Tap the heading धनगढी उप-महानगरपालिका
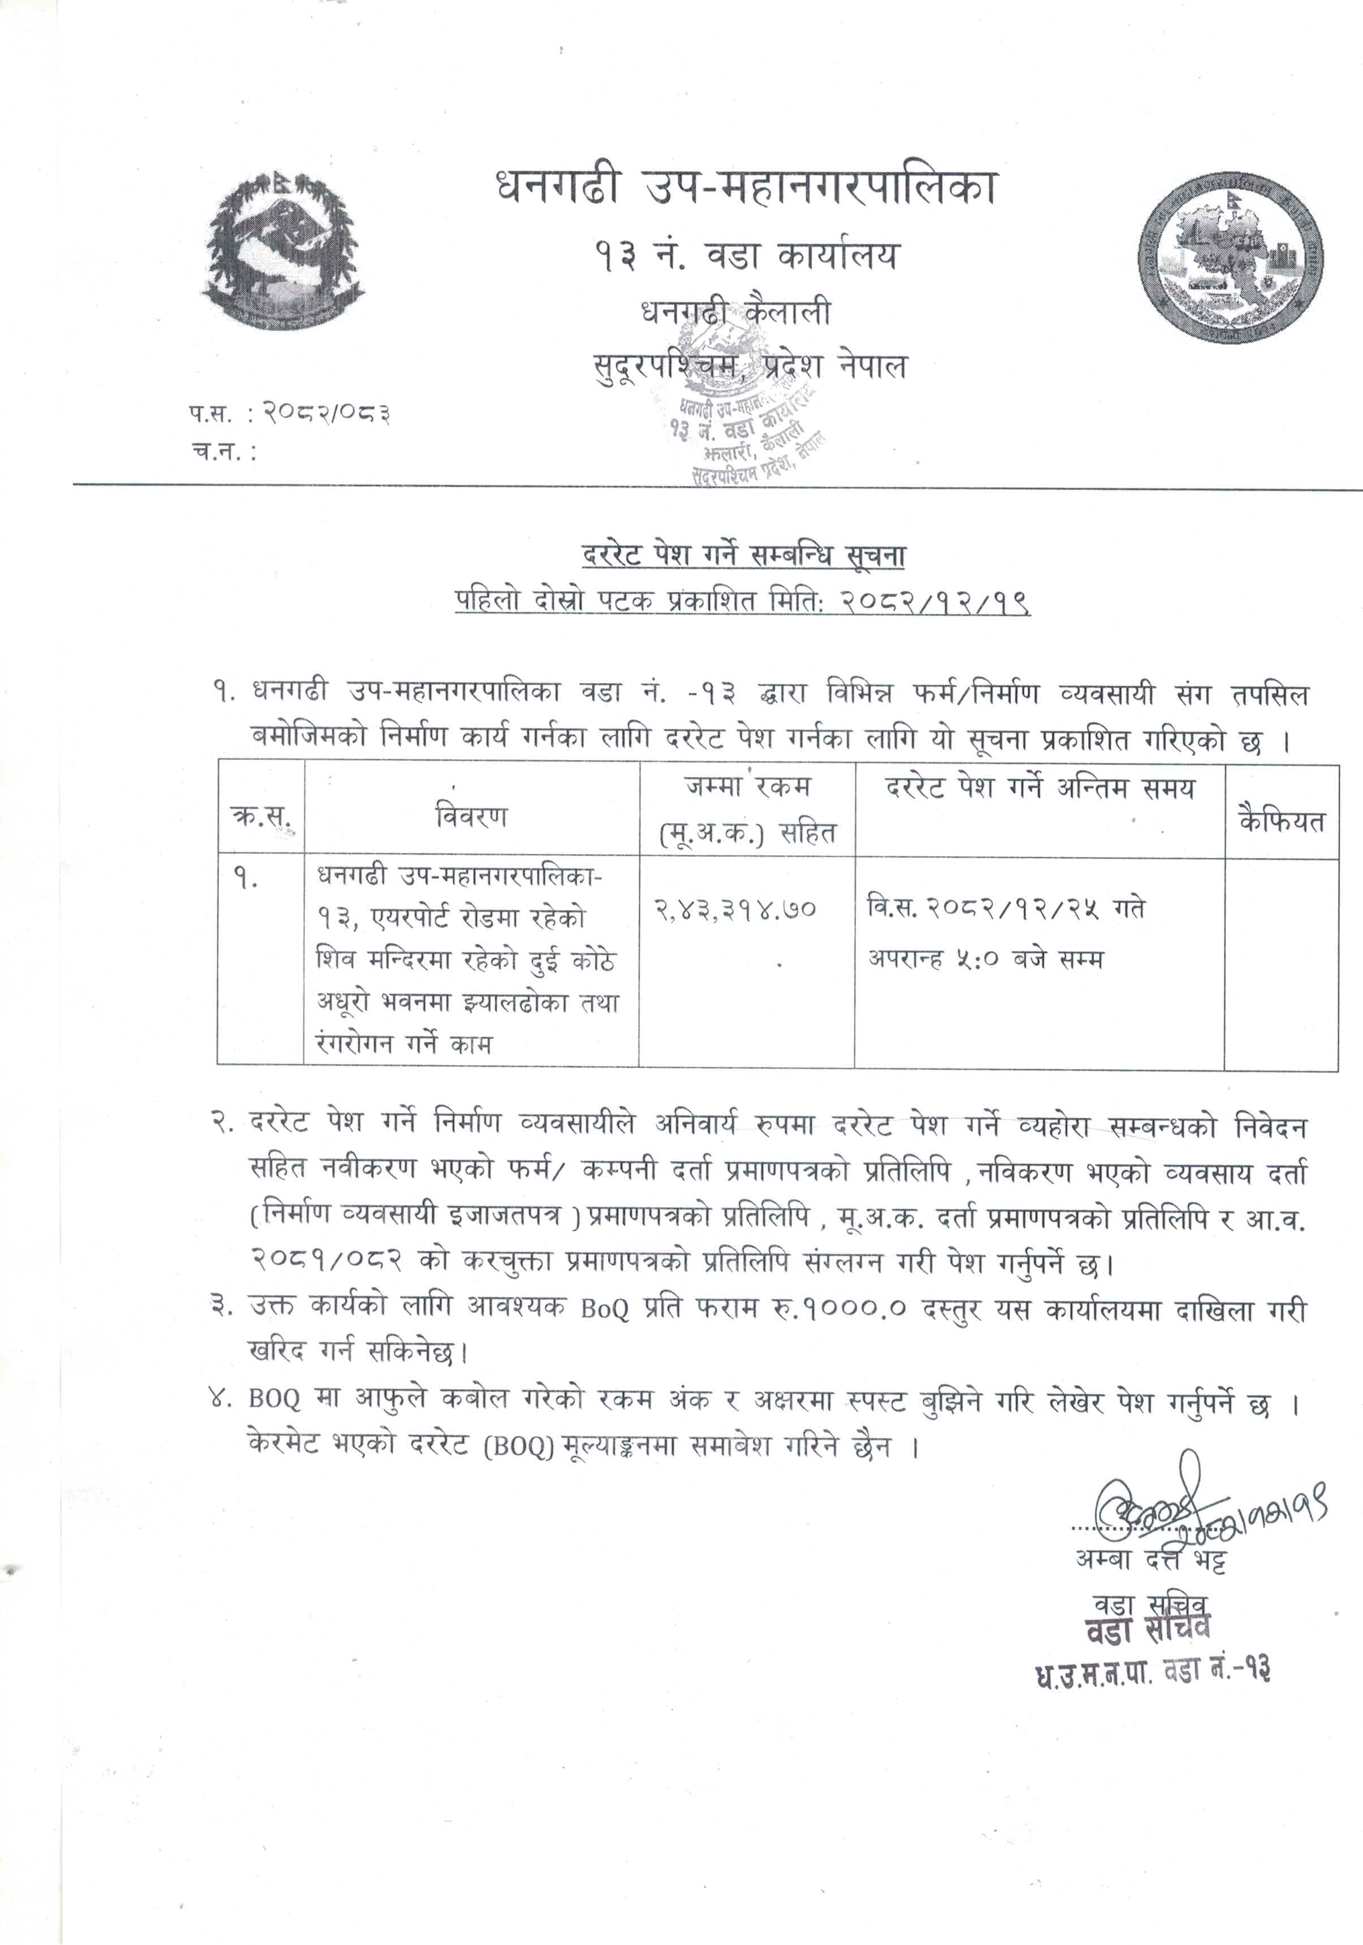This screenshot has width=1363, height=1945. point(746,188)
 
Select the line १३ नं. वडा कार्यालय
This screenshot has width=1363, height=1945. point(746,255)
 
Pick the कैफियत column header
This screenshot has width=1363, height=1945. point(1281,820)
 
